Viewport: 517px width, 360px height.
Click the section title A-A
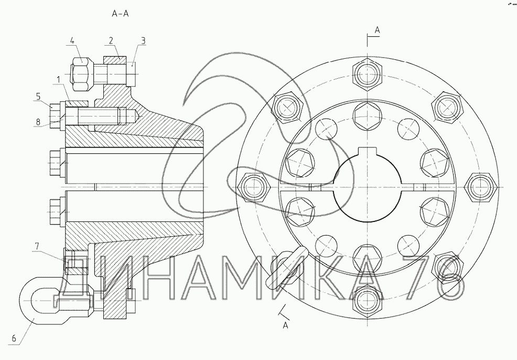[x=120, y=14]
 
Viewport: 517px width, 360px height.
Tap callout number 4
[x=72, y=40]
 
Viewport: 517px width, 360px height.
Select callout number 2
[x=111, y=40]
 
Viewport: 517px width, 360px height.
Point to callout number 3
[x=143, y=40]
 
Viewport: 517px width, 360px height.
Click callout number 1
[x=58, y=79]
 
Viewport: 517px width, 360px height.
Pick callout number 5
[x=38, y=97]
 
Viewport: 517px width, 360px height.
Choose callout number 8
[x=38, y=122]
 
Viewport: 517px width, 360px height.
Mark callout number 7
[x=37, y=246]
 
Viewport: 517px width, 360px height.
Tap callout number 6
[x=14, y=338]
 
